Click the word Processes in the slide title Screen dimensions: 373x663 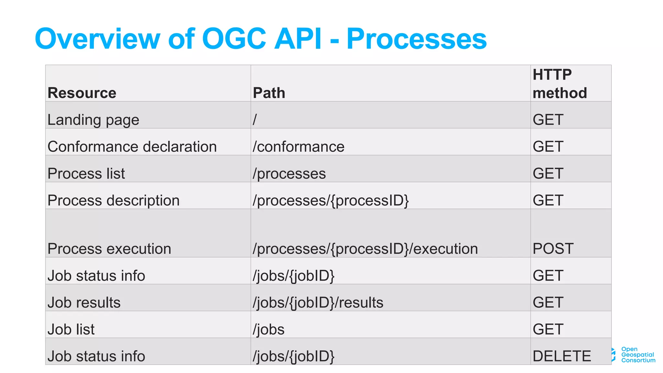tap(416, 39)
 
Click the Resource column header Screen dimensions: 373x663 tap(82, 93)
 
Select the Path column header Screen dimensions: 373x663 tap(269, 93)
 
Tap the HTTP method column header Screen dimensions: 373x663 tap(560, 84)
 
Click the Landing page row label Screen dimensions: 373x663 tap(93, 120)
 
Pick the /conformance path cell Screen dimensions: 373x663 tap(298, 147)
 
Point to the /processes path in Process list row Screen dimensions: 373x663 tap(289, 174)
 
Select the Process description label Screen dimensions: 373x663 tap(113, 200)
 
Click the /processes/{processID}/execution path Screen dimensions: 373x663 tap(365, 249)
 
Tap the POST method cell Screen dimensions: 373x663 tap(553, 249)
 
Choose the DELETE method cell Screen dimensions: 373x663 tap(562, 356)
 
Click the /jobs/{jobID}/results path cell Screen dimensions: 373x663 tap(318, 302)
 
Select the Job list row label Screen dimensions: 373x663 tap(71, 329)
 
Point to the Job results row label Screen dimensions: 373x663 tap(84, 302)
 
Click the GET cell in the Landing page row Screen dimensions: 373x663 tap(548, 120)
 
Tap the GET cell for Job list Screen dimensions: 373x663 tap(548, 329)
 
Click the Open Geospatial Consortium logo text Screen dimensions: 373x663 tap(637, 355)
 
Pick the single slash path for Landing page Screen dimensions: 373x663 tap(255, 119)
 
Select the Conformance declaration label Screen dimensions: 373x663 tap(132, 147)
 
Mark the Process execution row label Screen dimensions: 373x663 tap(109, 249)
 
